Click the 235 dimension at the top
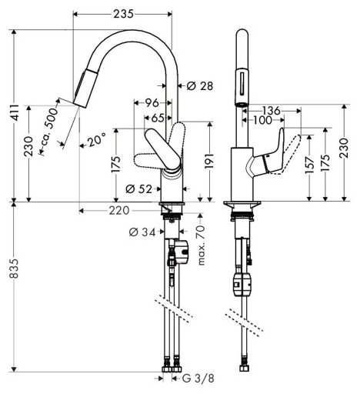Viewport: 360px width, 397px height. point(124,14)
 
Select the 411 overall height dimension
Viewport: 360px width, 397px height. point(16,112)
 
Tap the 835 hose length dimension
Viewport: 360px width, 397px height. point(14,269)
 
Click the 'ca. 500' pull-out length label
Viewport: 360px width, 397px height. point(50,128)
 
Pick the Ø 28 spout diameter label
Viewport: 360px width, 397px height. point(199,86)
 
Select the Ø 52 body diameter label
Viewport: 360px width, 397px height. point(138,189)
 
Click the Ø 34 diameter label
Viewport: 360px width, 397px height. point(142,232)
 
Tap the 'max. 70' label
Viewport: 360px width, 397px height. point(202,245)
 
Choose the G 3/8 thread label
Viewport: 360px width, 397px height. point(198,379)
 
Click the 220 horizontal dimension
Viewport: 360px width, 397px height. point(119,211)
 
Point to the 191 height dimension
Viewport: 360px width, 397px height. point(209,162)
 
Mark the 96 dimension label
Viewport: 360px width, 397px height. point(152,103)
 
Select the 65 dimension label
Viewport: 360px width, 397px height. point(158,118)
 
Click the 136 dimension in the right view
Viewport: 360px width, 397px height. point(272,111)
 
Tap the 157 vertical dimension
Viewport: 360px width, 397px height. point(309,165)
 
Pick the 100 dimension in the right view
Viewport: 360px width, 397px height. point(262,120)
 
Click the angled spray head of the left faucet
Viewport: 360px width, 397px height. point(86,88)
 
